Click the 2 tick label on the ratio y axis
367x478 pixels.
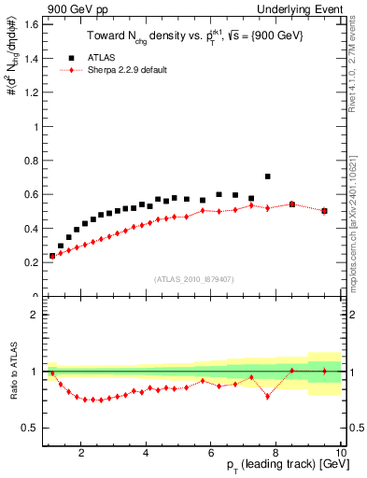coord(34,315)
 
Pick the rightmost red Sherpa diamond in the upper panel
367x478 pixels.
coord(324,211)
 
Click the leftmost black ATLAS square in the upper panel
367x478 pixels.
coord(52,255)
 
